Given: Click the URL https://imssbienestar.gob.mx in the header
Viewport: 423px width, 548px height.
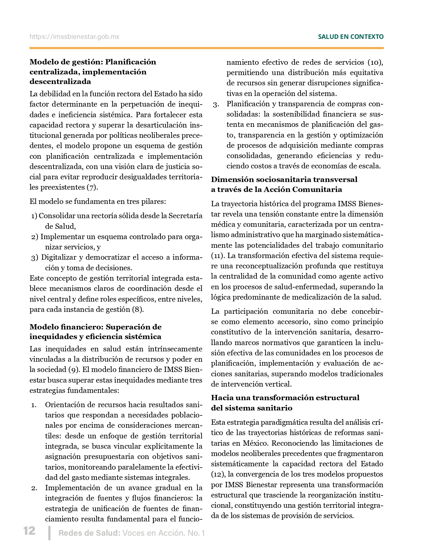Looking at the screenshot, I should point(74,37).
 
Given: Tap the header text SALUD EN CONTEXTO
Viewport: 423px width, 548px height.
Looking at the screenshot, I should point(351,37).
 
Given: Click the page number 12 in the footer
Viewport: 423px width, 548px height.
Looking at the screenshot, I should point(29,530).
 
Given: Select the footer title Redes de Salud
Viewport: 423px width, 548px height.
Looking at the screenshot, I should point(89,533).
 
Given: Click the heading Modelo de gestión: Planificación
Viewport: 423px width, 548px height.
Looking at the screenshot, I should point(93,62).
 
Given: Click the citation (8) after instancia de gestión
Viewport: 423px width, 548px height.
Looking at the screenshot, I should point(138,310).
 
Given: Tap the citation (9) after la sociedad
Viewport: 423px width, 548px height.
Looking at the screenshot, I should point(74,370).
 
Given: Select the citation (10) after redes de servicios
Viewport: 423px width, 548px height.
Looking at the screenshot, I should point(375,62).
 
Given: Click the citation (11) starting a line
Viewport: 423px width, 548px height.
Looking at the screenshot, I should point(217,256).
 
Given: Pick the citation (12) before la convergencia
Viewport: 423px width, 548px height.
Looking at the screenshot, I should point(217,474).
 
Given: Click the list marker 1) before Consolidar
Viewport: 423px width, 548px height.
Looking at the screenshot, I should point(34,216).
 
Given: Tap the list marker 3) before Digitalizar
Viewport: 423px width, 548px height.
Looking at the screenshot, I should point(35,257).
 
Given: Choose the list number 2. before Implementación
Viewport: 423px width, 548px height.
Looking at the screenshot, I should point(34,488).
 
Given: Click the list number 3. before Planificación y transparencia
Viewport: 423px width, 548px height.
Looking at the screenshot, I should point(216,104).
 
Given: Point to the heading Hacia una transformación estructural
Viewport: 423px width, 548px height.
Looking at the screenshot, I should point(285,398).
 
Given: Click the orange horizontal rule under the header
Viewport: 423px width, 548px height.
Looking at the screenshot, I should point(206,48).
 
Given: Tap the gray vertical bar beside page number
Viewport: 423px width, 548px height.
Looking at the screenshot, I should point(49,533).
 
